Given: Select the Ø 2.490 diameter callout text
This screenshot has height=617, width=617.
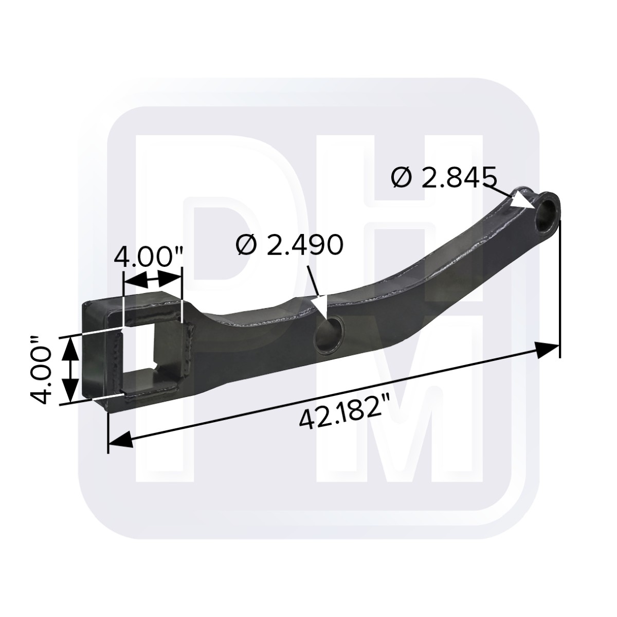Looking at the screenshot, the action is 289,245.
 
